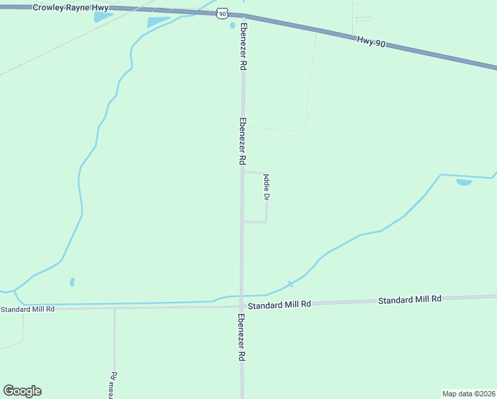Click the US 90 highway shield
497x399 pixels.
223,13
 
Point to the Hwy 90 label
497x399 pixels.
371,41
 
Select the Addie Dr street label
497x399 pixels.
266,188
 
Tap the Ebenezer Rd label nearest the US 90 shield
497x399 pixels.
243,50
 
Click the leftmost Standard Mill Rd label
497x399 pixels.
27,309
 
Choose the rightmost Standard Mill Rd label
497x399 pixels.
410,300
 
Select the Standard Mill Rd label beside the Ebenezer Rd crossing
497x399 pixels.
279,305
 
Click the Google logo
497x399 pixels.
22,391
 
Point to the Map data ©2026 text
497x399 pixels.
468,393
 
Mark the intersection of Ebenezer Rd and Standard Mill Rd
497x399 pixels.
241,307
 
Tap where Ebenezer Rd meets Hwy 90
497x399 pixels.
243,16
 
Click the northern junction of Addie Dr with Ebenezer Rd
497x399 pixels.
243,172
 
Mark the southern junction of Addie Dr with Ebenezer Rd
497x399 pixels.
243,222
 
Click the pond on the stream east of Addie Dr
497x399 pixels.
464,182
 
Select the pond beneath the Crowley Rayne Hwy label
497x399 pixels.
103,17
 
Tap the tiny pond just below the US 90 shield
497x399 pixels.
232,26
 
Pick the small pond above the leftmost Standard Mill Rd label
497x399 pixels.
72,282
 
